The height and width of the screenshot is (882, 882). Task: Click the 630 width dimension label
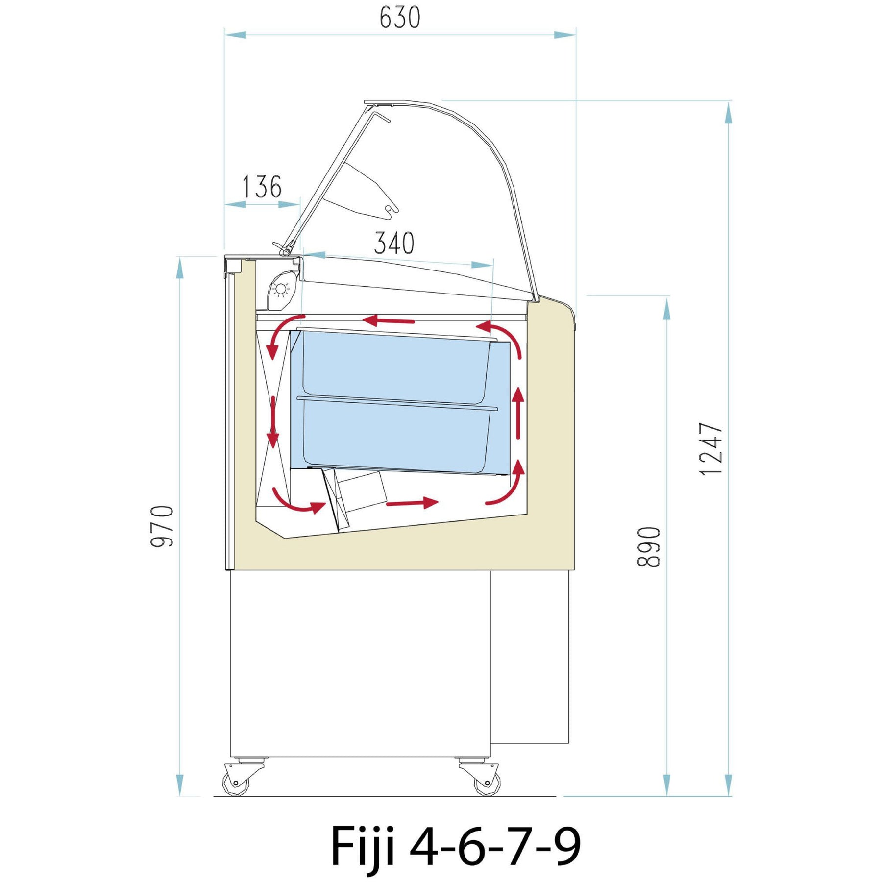pyautogui.click(x=400, y=18)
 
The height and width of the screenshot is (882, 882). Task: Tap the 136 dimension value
pyautogui.click(x=262, y=187)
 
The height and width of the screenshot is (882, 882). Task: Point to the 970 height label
pyautogui.click(x=162, y=526)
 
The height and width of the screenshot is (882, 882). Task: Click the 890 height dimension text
pyautogui.click(x=649, y=547)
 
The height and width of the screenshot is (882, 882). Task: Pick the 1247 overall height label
pyautogui.click(x=711, y=449)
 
